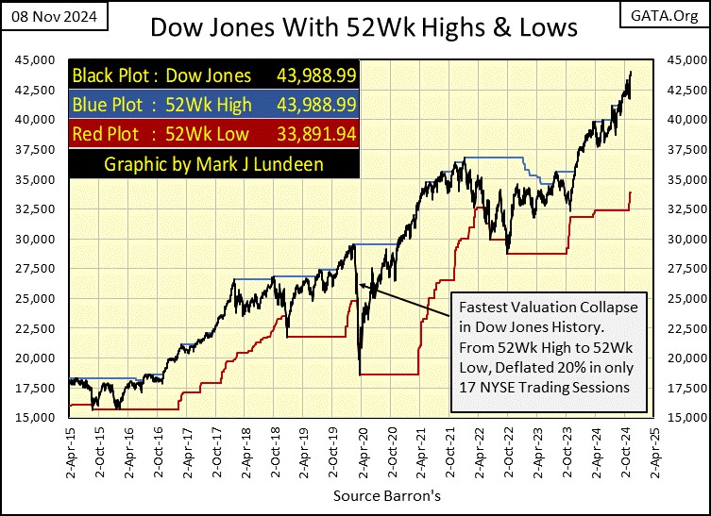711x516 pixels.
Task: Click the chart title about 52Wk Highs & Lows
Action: [x=364, y=27]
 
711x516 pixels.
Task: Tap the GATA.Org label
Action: [x=671, y=15]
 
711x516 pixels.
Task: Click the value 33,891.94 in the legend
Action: [x=317, y=133]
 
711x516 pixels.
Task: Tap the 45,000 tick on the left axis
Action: [x=34, y=59]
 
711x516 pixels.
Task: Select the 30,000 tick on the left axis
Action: [x=34, y=239]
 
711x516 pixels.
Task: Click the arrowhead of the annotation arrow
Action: [x=359, y=283]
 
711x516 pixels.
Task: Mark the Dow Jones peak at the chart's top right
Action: [x=630, y=72]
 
